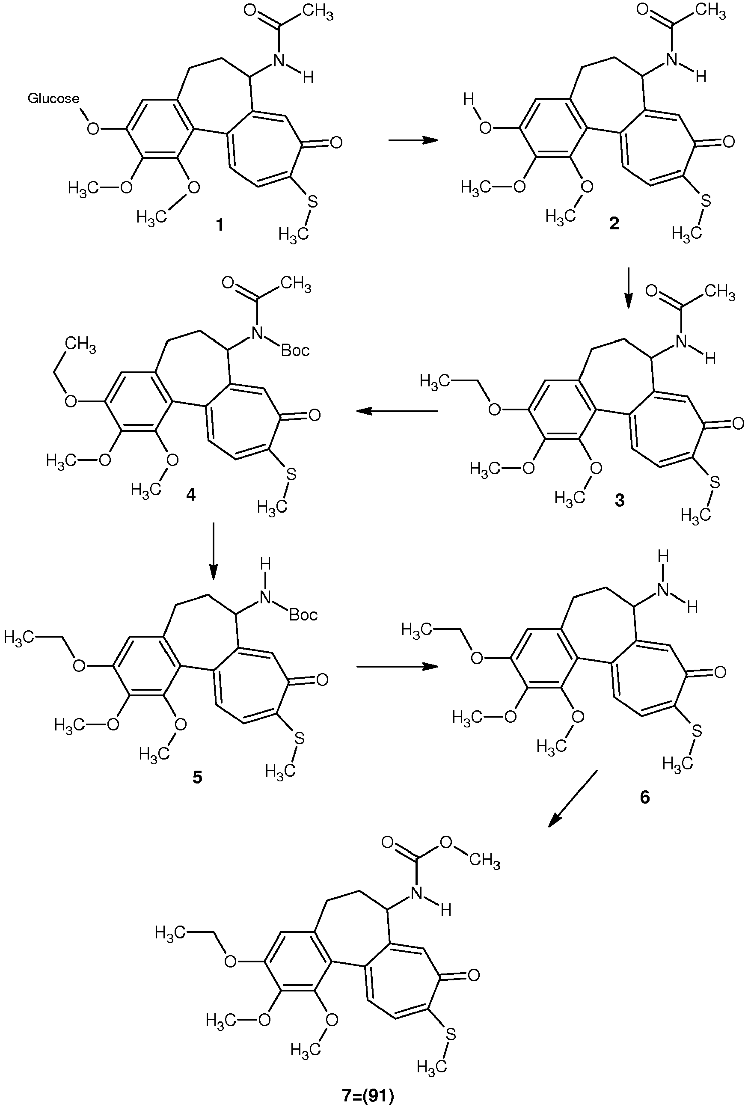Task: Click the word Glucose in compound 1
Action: coord(53,98)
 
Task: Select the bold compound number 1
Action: coord(219,224)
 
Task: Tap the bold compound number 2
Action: coord(614,223)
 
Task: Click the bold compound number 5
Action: coord(197,778)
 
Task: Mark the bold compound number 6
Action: coord(644,797)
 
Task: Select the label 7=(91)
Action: coord(368,1093)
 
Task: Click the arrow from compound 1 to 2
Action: coord(413,140)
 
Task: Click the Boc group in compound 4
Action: coord(295,351)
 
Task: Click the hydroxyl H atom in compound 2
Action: coord(469,100)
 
